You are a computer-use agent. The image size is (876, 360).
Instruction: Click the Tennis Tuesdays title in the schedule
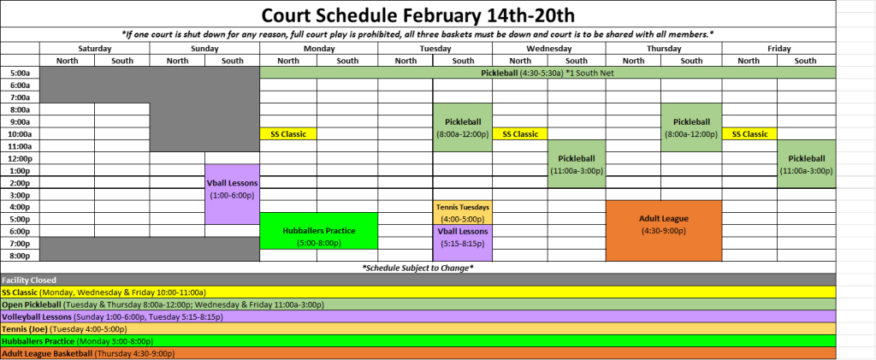pos(463,206)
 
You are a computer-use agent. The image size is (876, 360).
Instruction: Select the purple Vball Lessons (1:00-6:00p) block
pos(232,194)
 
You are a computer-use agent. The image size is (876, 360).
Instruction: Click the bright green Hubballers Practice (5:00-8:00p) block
pos(318,231)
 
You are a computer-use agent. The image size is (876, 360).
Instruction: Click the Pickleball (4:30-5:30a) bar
pos(547,73)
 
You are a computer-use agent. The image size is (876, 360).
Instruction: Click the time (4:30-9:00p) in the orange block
pos(664,229)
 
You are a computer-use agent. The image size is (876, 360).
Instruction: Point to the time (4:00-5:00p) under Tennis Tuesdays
pos(463,218)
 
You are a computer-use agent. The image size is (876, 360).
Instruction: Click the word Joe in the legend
pos(38,328)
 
